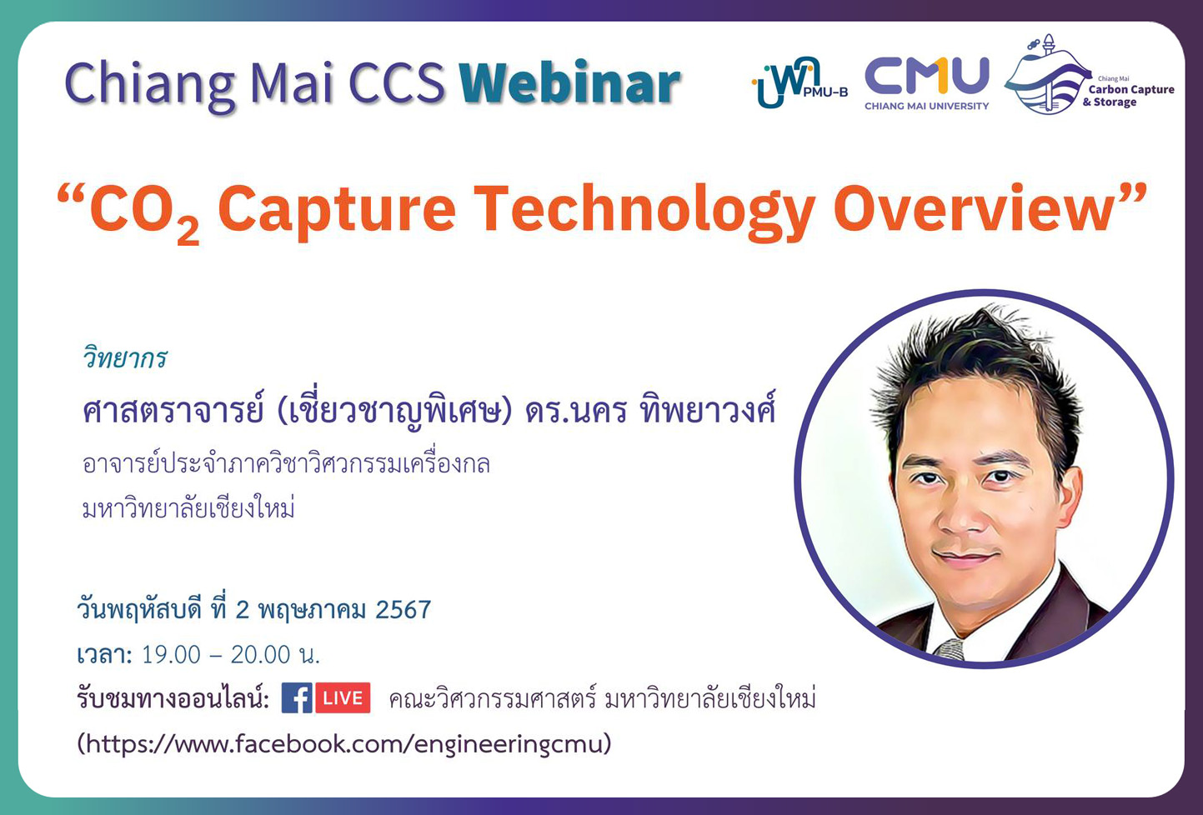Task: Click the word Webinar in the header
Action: pyautogui.click(x=569, y=84)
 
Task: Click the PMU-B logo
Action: pyautogui.click(x=798, y=83)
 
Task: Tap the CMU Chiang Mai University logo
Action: pyautogui.click(x=926, y=82)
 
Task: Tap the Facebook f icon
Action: pyautogui.click(x=296, y=698)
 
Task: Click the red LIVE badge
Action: pyautogui.click(x=343, y=698)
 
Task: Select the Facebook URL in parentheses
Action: pyautogui.click(x=343, y=743)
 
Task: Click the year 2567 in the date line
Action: pyautogui.click(x=403, y=610)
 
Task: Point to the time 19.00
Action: pyautogui.click(x=171, y=655)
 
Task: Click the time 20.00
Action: pyautogui.click(x=260, y=655)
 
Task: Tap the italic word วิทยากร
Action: pyautogui.click(x=124, y=358)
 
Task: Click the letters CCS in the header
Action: pyautogui.click(x=396, y=84)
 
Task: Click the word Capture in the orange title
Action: pyautogui.click(x=336, y=208)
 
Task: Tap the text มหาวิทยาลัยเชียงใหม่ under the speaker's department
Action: pyautogui.click(x=188, y=507)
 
